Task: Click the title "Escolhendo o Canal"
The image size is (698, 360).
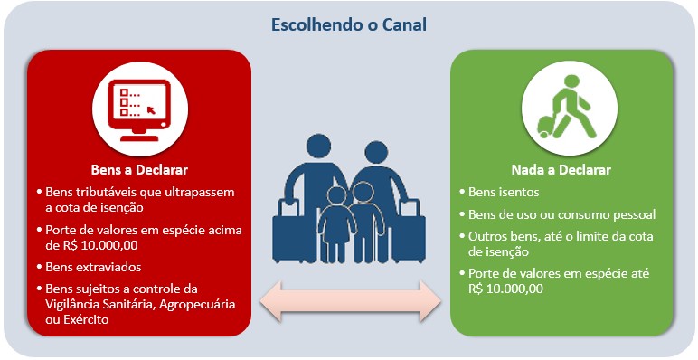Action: (x=349, y=24)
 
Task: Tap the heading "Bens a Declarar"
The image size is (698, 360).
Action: (x=138, y=169)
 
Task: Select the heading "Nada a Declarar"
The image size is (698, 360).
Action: (x=560, y=169)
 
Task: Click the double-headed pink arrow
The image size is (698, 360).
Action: (x=349, y=301)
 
